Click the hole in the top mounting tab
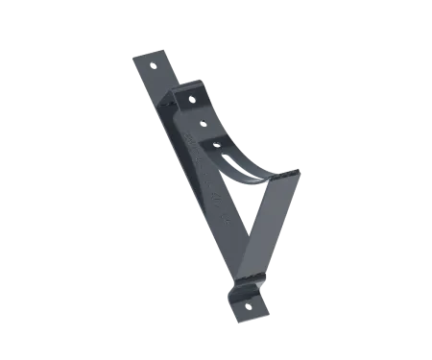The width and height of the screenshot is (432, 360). pyautogui.click(x=156, y=64)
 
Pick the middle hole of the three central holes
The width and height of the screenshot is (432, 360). pyautogui.click(x=203, y=122)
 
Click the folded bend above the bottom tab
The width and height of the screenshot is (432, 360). pyautogui.click(x=244, y=285)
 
